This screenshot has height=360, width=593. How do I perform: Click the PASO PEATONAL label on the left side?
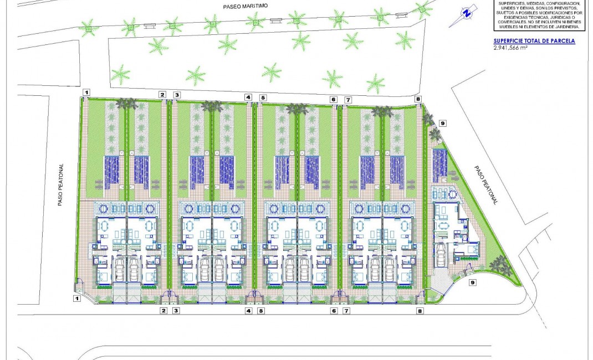point(62,184)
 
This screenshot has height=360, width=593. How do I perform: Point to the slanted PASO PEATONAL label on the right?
point(486,185)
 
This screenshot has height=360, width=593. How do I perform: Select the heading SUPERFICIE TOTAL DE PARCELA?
point(534,41)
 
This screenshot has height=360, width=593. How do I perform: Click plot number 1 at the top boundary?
point(86,91)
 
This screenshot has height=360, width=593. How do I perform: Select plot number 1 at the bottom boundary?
point(77,299)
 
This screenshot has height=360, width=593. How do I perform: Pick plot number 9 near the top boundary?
point(442,123)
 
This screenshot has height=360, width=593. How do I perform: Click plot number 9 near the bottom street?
point(472,282)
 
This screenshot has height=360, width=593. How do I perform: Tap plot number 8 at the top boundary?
point(418,99)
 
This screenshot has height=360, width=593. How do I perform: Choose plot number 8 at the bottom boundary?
point(420,311)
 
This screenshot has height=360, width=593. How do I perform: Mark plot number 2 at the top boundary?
point(162,95)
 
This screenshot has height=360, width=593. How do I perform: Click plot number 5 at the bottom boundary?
point(261,311)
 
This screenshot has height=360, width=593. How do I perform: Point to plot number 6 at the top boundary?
point(334,100)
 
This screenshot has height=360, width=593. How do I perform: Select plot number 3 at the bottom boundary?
point(176,311)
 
